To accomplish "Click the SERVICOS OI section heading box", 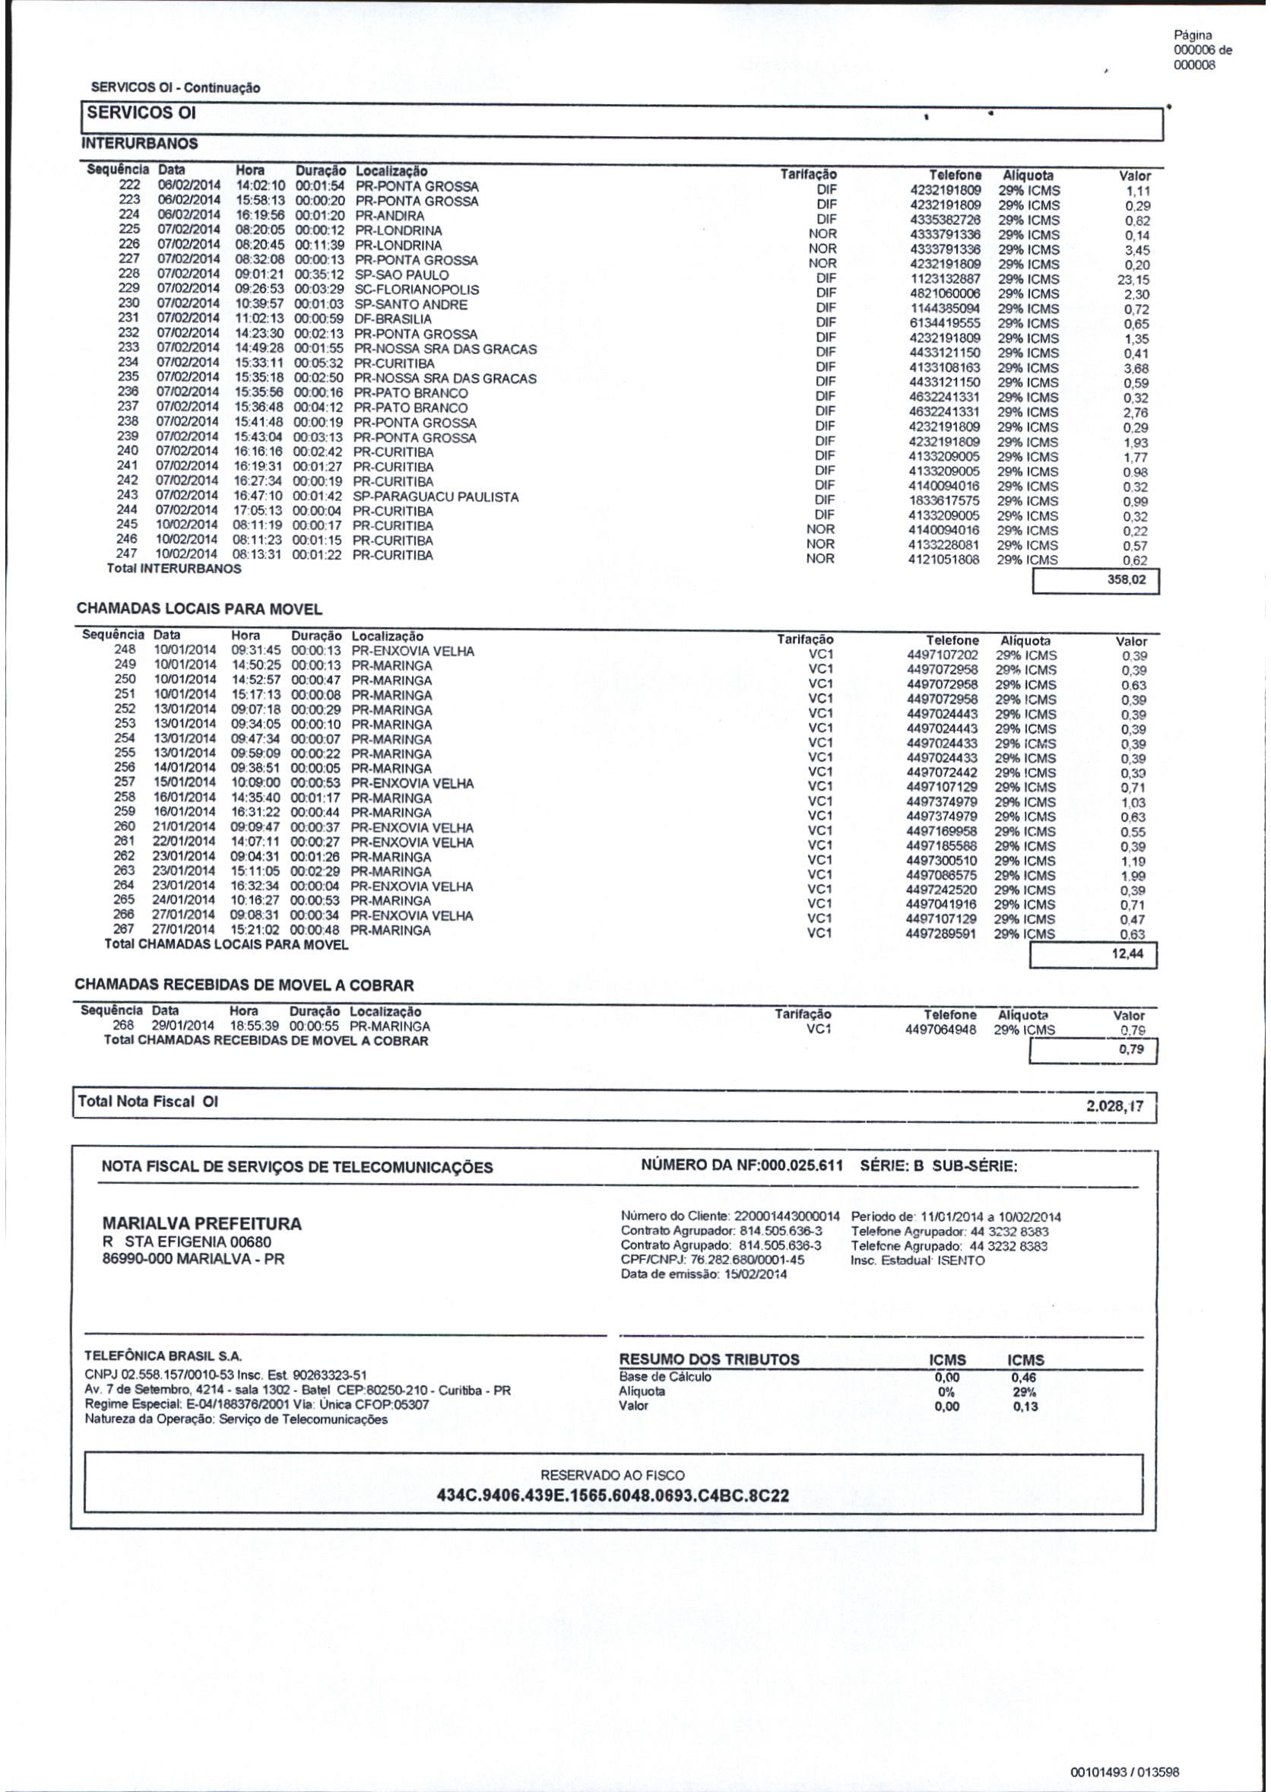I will pyautogui.click(x=141, y=113).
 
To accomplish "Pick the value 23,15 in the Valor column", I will pyautogui.click(x=1133, y=280).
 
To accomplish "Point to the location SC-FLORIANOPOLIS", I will pyautogui.click(x=417, y=290).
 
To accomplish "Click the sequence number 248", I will pyautogui.click(x=125, y=649).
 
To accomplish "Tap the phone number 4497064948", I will pyautogui.click(x=941, y=1030).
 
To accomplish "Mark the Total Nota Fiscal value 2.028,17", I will pyautogui.click(x=1114, y=1106).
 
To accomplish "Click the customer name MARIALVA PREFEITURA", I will pyautogui.click(x=202, y=1224).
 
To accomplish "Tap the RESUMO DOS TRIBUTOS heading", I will pyautogui.click(x=709, y=1359).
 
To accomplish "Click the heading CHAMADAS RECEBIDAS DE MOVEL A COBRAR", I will pyautogui.click(x=244, y=985).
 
